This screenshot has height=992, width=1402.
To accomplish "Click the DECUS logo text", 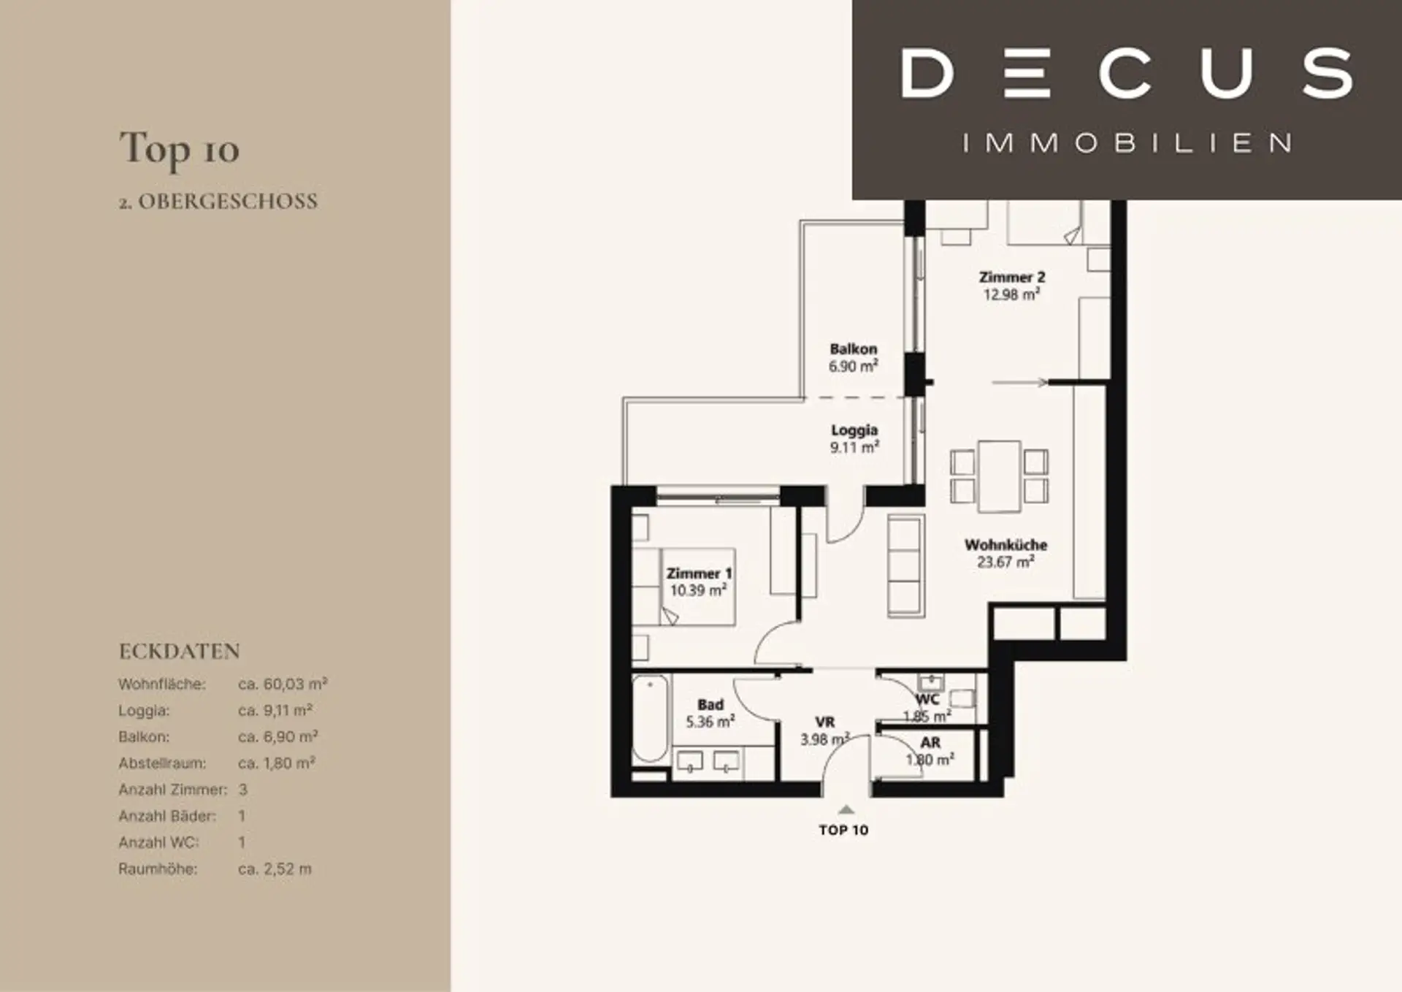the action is [1127, 73].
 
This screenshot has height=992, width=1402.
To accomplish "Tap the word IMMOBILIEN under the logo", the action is [1127, 142].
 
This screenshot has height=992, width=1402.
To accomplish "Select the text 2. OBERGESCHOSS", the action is [218, 202].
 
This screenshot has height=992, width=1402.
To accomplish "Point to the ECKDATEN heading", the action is [180, 651].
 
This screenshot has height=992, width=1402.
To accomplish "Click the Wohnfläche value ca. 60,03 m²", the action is [283, 684].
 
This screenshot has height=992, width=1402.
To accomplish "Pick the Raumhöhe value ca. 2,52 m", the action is [275, 869].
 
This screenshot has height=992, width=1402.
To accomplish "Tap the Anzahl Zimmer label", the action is [172, 790].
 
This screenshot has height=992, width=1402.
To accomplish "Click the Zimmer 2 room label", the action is [1012, 278].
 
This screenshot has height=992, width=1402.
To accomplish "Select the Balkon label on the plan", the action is [854, 349].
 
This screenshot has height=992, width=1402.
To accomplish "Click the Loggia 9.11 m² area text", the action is [854, 439].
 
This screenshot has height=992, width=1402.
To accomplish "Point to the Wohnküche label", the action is [1005, 545].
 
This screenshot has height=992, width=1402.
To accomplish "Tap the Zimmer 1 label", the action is [699, 574].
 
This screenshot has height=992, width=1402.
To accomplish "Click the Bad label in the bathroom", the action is [710, 705].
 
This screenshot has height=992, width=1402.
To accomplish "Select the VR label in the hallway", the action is [825, 722].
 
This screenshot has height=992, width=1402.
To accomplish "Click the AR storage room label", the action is [930, 743].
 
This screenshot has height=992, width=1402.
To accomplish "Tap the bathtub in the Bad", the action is [649, 720].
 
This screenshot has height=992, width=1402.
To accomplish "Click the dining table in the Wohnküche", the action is [999, 476].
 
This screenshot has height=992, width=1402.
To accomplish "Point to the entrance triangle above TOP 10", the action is [846, 809].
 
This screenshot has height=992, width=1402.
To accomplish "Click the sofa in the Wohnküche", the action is [905, 565].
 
